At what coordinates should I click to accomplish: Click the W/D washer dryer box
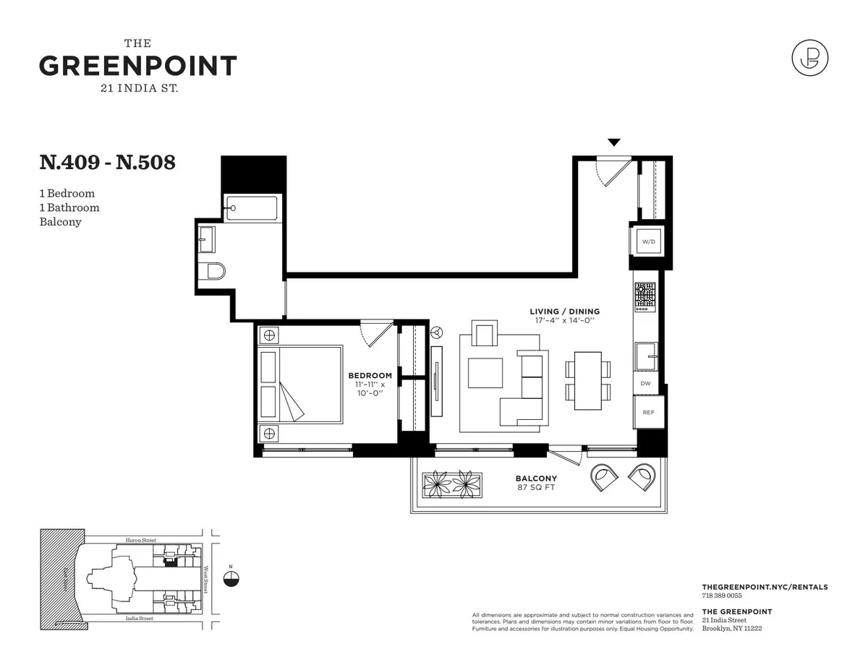point(648,241)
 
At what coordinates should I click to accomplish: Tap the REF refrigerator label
point(648,412)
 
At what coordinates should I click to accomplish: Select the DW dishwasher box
point(645,384)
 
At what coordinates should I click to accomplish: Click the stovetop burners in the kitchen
point(645,297)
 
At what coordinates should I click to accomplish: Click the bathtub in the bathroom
point(251,208)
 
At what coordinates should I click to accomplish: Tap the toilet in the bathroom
point(214,271)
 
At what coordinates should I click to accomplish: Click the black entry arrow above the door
point(613,142)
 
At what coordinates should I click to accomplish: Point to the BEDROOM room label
point(370,375)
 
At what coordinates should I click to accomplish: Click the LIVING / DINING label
point(564,312)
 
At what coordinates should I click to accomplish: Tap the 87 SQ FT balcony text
point(536,487)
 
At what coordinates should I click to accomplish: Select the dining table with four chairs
point(587,380)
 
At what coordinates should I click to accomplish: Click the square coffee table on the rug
point(485,373)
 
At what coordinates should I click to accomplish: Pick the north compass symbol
point(231,577)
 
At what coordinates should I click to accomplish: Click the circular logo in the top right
point(809,58)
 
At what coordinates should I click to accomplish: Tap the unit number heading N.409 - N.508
point(107,163)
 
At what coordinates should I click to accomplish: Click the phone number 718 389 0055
point(722,596)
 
